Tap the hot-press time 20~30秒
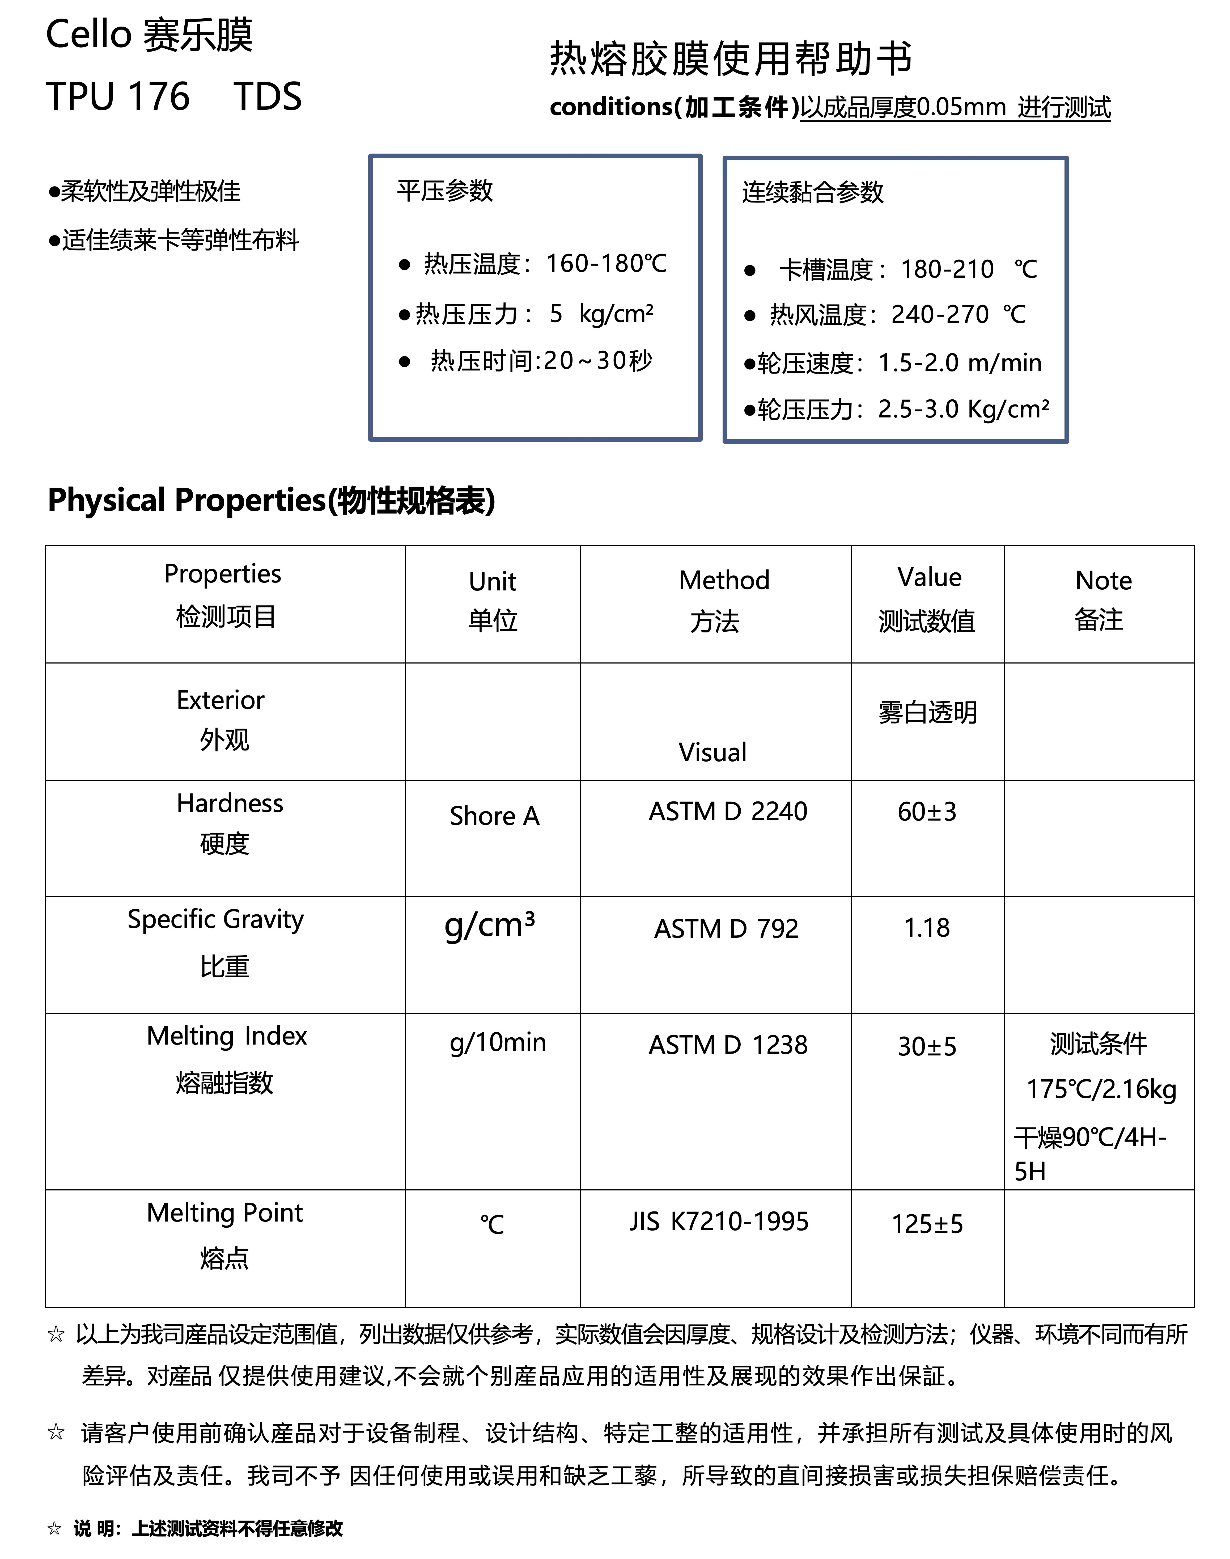coord(598,360)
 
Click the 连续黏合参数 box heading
coord(812,192)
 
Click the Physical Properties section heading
coord(271,500)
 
